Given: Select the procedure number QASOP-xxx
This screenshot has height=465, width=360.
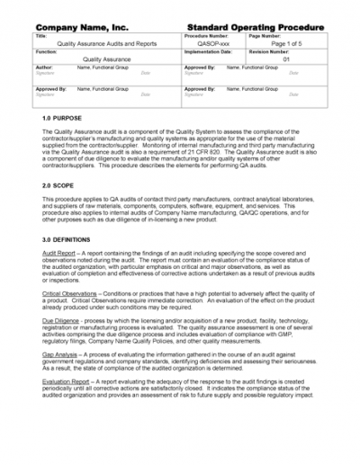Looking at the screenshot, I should click(x=208, y=42).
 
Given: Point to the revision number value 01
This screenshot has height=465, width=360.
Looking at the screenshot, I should click(x=287, y=59).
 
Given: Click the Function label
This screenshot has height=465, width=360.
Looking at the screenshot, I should click(x=47, y=51).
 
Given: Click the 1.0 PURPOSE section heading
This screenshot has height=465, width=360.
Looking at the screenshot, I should click(x=62, y=119).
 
